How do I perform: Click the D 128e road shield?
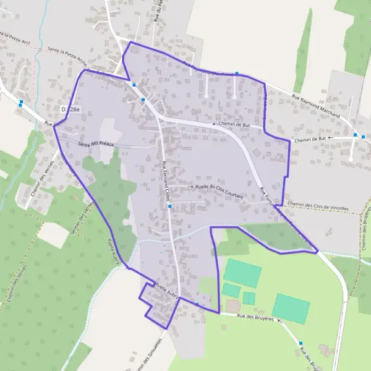[x=71, y=109]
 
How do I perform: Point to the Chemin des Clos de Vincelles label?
[x=316, y=205]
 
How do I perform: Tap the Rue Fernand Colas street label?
[x=165, y=180]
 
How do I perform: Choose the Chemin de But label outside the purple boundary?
[x=310, y=140]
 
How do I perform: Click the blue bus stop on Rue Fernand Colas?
[x=169, y=207]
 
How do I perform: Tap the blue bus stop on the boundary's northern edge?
[x=236, y=74]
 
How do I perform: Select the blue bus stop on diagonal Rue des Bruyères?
[x=301, y=343]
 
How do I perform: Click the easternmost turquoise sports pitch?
[x=291, y=309]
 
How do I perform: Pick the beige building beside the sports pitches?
[x=233, y=306]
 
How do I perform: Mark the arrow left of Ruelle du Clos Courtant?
[x=190, y=186]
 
